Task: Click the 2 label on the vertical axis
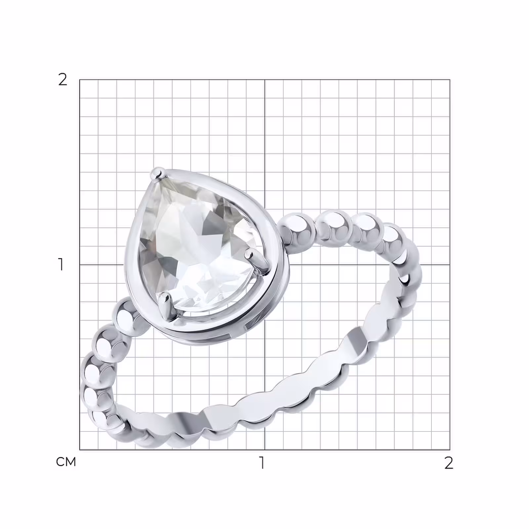click(x=62, y=80)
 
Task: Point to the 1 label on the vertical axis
click(x=61, y=264)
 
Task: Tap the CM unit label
click(x=66, y=462)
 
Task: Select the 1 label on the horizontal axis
click(x=262, y=463)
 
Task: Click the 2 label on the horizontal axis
click(x=449, y=463)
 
